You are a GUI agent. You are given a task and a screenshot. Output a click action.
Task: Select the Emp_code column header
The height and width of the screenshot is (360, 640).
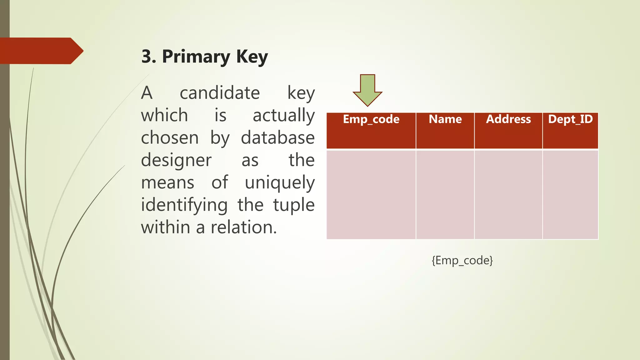(x=371, y=119)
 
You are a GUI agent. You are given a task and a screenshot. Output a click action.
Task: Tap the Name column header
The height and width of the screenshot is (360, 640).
(x=445, y=119)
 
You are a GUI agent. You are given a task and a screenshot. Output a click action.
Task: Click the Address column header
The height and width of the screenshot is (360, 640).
(x=508, y=119)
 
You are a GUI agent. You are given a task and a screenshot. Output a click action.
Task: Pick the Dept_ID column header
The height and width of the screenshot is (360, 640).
(x=570, y=119)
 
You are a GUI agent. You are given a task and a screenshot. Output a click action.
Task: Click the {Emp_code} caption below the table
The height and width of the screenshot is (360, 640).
(x=462, y=260)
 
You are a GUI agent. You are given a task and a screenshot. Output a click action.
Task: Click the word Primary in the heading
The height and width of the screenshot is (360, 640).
(x=196, y=57)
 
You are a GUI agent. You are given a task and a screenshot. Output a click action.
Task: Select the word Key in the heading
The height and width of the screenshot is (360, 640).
(x=252, y=57)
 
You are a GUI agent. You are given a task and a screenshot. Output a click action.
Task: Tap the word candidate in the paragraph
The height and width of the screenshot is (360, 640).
(x=220, y=93)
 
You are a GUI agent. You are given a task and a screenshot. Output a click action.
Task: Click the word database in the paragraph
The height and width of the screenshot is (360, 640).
(x=277, y=138)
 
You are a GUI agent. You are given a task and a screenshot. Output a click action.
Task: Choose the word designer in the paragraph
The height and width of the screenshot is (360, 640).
(x=176, y=161)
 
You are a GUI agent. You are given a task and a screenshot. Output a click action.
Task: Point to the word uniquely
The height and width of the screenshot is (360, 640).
(x=279, y=183)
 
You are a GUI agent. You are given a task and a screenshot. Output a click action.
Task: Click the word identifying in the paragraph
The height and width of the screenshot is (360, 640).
(x=184, y=206)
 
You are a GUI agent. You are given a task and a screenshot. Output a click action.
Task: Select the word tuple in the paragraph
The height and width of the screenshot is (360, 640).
(x=293, y=206)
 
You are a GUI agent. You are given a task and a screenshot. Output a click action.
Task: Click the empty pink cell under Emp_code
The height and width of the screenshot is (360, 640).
(x=371, y=194)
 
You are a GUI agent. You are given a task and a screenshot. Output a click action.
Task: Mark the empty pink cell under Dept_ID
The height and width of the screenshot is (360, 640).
(x=570, y=194)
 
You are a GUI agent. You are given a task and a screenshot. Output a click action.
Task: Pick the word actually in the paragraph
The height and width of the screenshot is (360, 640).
(x=283, y=116)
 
